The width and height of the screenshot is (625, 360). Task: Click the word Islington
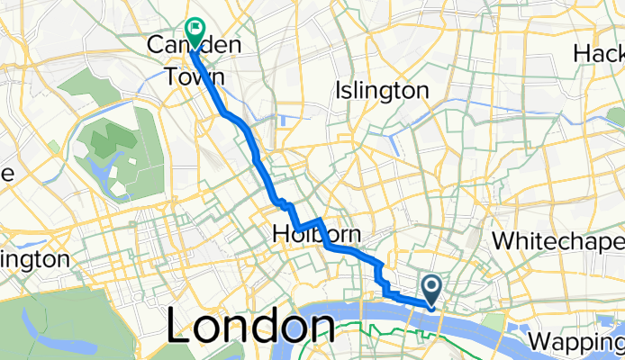pyautogui.click(x=381, y=91)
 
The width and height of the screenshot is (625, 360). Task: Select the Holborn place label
pyautogui.click(x=316, y=235)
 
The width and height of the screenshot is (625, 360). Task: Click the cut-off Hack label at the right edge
pyautogui.click(x=597, y=54)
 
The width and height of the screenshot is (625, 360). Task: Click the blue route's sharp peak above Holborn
pyautogui.click(x=319, y=219)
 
